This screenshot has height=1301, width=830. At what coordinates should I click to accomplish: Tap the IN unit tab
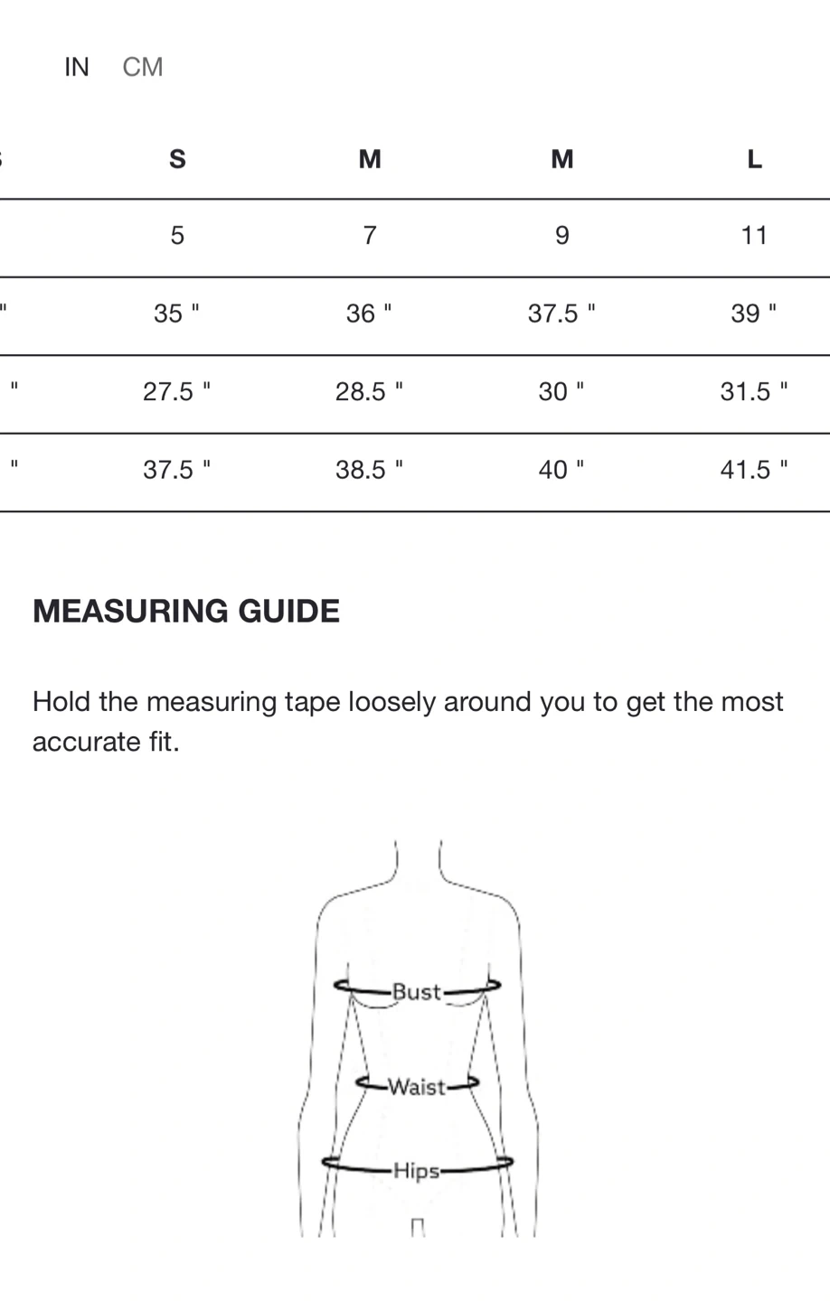(77, 67)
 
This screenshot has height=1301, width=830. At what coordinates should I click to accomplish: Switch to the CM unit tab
(143, 67)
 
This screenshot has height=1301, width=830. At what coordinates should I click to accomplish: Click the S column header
(177, 159)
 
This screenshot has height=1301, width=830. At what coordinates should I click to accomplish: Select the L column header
(754, 159)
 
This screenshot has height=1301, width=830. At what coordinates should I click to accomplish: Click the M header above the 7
(370, 159)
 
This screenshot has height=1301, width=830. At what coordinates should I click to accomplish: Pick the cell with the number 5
(177, 236)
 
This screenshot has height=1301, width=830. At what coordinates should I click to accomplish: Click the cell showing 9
(562, 236)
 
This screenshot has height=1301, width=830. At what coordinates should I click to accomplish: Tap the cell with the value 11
(754, 236)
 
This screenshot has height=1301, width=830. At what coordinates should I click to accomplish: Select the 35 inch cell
(176, 314)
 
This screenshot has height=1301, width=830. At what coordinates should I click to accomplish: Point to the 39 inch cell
(753, 314)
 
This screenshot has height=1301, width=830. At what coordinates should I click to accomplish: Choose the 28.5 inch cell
(369, 391)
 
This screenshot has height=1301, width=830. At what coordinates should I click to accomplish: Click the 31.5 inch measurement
(753, 391)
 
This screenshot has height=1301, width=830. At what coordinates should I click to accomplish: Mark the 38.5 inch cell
(369, 470)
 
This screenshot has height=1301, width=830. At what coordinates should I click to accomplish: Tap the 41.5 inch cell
(753, 470)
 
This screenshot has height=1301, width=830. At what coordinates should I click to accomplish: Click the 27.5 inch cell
(176, 391)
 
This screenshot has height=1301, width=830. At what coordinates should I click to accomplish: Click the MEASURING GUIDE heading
(186, 612)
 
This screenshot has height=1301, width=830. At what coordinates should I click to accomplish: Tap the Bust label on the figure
(416, 992)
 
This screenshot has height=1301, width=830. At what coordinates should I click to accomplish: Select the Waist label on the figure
(417, 1087)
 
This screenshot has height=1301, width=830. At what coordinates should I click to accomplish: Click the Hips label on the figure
(416, 1171)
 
